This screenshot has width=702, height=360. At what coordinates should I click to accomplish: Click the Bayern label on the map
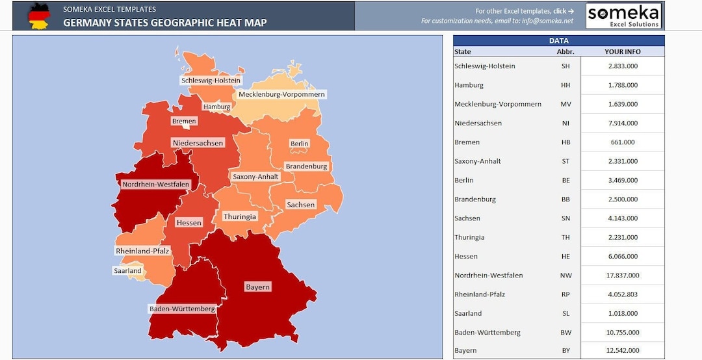click(257, 287)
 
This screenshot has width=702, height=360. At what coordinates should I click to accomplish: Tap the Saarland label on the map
click(127, 270)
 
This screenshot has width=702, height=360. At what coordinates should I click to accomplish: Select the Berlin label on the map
click(300, 144)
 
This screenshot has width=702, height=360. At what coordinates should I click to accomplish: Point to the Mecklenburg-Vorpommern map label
click(281, 94)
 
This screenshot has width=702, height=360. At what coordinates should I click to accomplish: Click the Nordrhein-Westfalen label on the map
click(156, 184)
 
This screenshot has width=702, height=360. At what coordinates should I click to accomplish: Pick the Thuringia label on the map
click(240, 216)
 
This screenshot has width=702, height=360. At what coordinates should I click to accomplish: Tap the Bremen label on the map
click(184, 121)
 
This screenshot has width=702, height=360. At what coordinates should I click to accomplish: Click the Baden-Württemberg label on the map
click(182, 309)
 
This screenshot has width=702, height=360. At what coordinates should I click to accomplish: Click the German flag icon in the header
click(39, 16)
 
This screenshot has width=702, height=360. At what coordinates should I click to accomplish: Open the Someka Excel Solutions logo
click(623, 16)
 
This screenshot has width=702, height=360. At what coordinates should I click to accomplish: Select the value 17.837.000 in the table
click(623, 275)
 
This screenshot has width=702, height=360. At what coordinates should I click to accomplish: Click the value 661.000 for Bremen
click(623, 142)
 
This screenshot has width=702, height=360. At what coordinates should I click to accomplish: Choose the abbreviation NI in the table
click(565, 123)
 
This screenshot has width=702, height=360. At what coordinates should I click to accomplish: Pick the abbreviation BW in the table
click(565, 332)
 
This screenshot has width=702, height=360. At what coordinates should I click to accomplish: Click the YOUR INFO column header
click(623, 51)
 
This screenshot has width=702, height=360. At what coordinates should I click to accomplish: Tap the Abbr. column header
click(565, 51)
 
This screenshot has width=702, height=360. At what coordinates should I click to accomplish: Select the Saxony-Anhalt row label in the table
click(478, 161)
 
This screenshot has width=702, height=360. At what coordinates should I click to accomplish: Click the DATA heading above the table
click(558, 40)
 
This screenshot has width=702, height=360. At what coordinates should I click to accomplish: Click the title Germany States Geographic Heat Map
click(164, 23)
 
